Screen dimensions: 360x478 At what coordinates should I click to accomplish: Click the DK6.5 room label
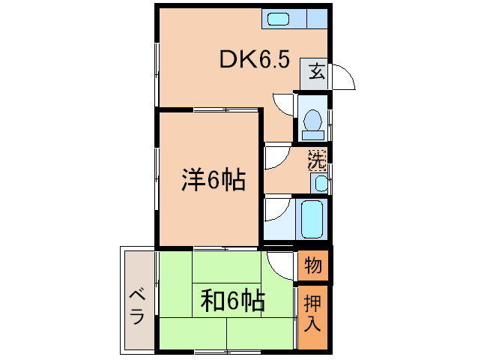[254, 60]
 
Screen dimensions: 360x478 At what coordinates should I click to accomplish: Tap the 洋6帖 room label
[213, 181]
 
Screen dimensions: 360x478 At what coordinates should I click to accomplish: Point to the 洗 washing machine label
[318, 160]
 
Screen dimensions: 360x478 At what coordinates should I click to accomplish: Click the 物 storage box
[313, 265]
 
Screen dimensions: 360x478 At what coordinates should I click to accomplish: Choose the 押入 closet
[313, 315]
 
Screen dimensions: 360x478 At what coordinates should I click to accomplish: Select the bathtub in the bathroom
[312, 218]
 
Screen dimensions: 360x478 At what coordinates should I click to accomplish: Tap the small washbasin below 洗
[320, 182]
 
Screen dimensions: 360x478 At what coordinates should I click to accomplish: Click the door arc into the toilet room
[285, 104]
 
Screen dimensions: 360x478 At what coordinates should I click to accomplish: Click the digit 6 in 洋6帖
[213, 181]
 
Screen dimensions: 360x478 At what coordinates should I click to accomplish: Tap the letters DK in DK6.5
[235, 60]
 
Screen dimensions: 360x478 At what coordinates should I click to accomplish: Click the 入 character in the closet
[313, 325]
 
